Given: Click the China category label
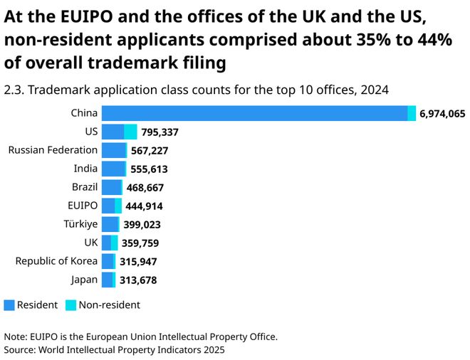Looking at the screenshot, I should (x=84, y=113).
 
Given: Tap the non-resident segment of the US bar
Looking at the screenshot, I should (x=130, y=132).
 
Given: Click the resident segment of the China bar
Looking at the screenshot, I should (x=254, y=113).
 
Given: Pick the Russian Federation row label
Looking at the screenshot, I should (x=53, y=150).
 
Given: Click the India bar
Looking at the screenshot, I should (x=113, y=169).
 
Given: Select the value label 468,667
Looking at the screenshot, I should (x=148, y=188).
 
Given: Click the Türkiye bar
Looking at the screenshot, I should (x=110, y=224).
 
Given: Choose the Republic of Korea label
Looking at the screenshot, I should (x=56, y=261).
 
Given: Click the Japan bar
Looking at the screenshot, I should (x=108, y=280).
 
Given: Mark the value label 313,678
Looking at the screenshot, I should (x=138, y=280).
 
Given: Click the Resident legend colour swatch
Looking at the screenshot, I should (x=9, y=305).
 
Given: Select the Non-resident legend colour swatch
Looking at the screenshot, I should (x=70, y=305).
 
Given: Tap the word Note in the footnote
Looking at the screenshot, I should (x=15, y=337).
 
